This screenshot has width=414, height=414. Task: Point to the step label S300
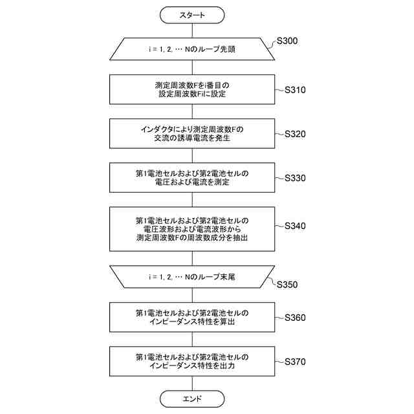pos(287,41)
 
